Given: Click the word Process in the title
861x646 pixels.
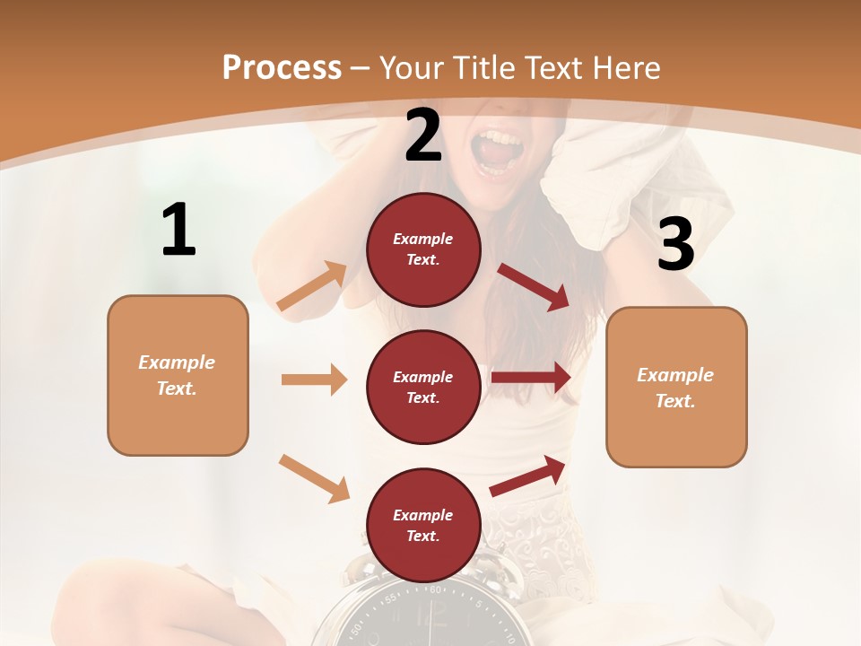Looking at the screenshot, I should tap(282, 68).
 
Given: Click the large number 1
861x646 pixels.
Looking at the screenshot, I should tap(178, 230).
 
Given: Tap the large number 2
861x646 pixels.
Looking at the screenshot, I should tap(423, 135).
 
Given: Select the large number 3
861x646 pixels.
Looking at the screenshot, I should tap(675, 244).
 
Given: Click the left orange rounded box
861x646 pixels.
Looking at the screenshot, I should tap(178, 375).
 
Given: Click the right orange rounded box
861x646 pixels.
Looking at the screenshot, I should tap(676, 387).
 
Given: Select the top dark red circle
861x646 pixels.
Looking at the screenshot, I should tap(423, 249).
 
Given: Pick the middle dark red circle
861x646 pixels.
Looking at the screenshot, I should tap(423, 387).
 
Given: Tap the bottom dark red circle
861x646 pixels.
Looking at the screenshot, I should tap(423, 525).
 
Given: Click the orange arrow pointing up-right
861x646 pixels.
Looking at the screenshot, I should tap(312, 286).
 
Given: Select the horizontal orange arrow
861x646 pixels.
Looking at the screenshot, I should tap(314, 380).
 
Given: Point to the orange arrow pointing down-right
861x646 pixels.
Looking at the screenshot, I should tap(314, 478).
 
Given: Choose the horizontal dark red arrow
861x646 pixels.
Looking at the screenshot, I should tap(531, 378).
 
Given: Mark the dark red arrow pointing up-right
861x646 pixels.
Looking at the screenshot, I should tap(527, 476).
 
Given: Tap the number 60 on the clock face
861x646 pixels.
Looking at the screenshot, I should tap(437, 589).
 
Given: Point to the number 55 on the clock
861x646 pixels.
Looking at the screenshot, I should tap(391, 598).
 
